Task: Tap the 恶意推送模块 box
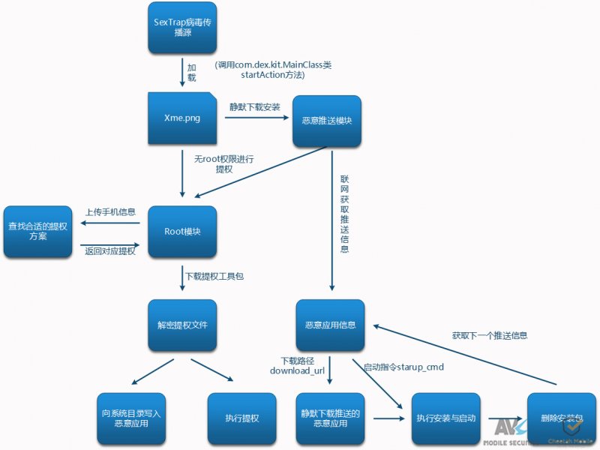pyautogui.click(x=327, y=121)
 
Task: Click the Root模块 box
pyautogui.click(x=182, y=232)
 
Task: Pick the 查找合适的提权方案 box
pyautogui.click(x=37, y=231)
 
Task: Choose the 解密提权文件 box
pyautogui.click(x=182, y=325)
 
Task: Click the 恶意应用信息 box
pyautogui.click(x=330, y=325)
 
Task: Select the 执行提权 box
pyautogui.click(x=241, y=418)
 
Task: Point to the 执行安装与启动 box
pyautogui.click(x=446, y=418)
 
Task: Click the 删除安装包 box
pyautogui.click(x=561, y=418)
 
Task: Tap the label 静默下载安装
pyautogui.click(x=255, y=107)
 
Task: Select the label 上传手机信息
pyautogui.click(x=110, y=212)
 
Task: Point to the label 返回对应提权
pyautogui.click(x=110, y=251)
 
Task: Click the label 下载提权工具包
pyautogui.click(x=214, y=277)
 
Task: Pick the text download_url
pyautogui.click(x=295, y=370)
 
